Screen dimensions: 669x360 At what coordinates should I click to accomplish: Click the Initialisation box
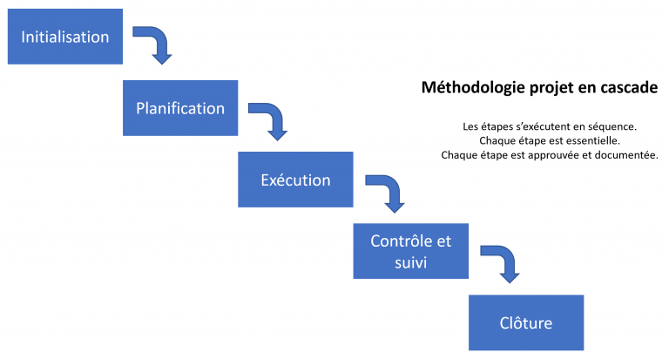pos(65,37)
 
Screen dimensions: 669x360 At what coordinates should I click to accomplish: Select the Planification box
pos(180,108)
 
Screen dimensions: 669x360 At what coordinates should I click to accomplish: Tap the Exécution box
pos(295,180)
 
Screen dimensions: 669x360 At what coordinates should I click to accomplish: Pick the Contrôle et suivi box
pos(411,251)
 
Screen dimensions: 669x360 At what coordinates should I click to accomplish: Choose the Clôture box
pos(526,323)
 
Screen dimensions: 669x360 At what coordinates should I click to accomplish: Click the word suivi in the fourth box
pos(411,262)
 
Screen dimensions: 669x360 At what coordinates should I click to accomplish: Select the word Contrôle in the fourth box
pos(397,241)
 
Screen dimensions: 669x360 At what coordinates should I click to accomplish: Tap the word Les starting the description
pos(470,127)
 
